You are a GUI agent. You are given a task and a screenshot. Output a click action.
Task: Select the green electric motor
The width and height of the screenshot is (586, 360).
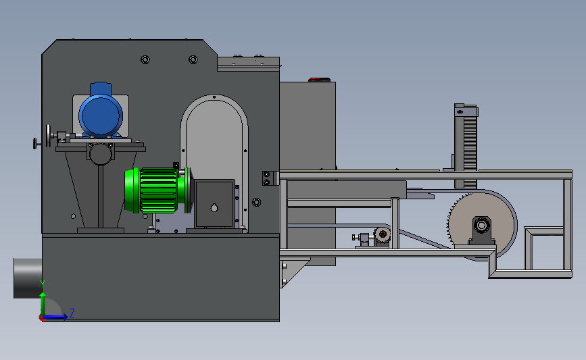[x=157, y=190]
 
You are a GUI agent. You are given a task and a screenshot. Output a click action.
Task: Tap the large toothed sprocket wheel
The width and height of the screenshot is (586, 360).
[x=481, y=225]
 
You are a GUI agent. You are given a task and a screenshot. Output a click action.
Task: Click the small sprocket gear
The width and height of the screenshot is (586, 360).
[x=383, y=235]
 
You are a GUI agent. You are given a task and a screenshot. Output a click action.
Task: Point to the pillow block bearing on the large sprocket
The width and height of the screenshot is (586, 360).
[x=482, y=230]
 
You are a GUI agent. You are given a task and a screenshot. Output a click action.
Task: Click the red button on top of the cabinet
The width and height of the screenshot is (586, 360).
[x=319, y=80]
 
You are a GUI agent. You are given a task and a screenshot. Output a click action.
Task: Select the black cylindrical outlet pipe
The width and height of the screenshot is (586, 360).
[x=28, y=278]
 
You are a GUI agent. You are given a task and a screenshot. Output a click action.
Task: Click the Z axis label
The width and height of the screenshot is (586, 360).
[x=72, y=313]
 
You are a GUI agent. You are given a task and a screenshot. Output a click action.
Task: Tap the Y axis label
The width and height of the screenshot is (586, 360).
[x=43, y=285]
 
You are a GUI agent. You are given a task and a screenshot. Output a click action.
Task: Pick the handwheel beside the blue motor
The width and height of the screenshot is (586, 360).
[x=48, y=136]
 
